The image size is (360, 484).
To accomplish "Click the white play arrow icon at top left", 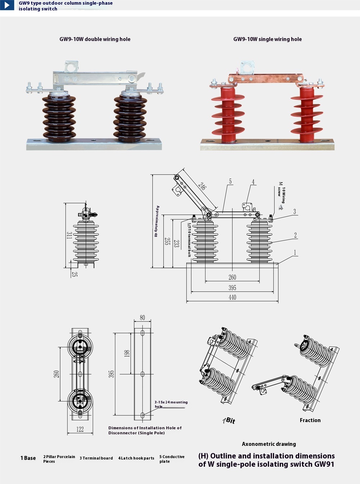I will (7, 5).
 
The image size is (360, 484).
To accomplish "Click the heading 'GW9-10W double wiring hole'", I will (95, 39).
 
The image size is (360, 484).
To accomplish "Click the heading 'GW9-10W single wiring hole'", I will (267, 39).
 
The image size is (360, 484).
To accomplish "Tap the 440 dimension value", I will (232, 297).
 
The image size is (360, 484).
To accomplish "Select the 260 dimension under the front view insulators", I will (232, 277).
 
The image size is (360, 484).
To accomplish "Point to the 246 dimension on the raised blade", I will (202, 186).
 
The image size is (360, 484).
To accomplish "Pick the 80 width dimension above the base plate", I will (143, 317).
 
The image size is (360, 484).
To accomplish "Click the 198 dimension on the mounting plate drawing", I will (127, 354).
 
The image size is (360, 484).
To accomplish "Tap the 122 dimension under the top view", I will (80, 429).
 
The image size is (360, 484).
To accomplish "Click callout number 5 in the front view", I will (230, 182).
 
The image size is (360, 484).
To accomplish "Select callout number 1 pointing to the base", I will (295, 253).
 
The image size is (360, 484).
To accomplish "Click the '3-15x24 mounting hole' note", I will (171, 404).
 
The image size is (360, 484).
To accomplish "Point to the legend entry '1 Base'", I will (28, 458).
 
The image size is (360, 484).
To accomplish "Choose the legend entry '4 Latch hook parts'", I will (136, 458).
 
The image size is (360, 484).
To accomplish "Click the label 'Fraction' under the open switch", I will (310, 420).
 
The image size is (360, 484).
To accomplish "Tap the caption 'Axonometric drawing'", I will (269, 444).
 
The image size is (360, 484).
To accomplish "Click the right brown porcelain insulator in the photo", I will (130, 115).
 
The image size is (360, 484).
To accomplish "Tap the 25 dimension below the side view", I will (75, 274).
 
